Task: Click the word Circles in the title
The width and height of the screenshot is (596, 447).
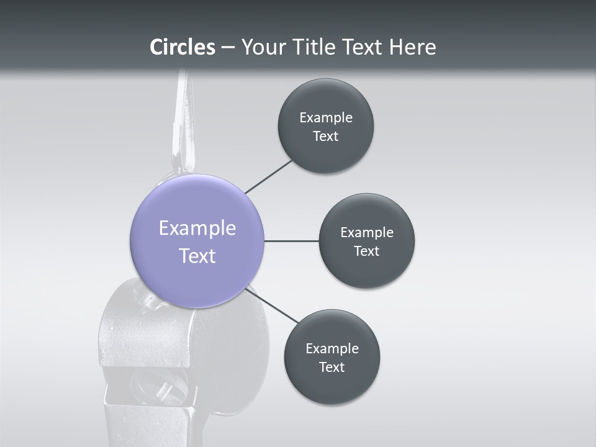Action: tap(183, 47)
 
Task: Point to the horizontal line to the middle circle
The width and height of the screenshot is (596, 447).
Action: tap(291, 241)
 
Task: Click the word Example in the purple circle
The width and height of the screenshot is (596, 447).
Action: tap(197, 228)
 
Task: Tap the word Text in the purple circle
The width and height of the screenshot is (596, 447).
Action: tap(197, 256)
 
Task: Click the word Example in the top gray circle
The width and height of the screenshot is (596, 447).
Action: tap(326, 118)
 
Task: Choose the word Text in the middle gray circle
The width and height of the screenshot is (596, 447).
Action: tap(367, 251)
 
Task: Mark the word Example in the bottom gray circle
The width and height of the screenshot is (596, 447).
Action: tap(332, 349)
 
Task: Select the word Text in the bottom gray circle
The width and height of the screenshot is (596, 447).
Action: tap(332, 368)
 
